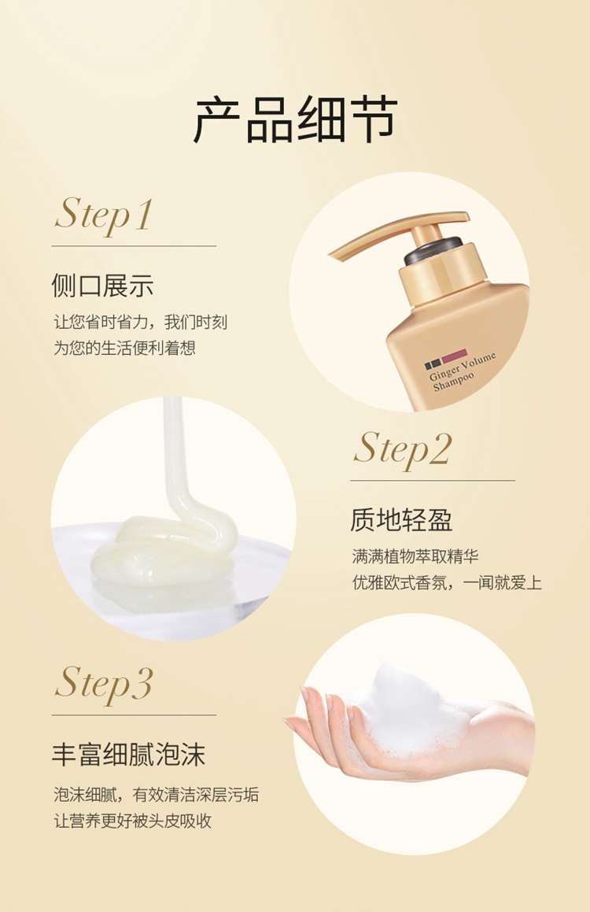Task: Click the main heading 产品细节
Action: coord(295,120)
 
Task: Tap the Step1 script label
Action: coord(104,215)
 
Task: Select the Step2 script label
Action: coord(402,449)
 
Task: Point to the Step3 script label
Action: coord(104,684)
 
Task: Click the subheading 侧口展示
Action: coord(102,286)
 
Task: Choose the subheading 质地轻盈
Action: coord(401,520)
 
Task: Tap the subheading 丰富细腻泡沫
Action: coord(128,755)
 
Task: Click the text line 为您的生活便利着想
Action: coord(124,348)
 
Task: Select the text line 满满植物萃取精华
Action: coord(415,556)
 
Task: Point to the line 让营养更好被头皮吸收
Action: coord(132,821)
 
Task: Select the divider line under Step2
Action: coord(433,481)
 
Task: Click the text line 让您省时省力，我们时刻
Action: coord(141,322)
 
